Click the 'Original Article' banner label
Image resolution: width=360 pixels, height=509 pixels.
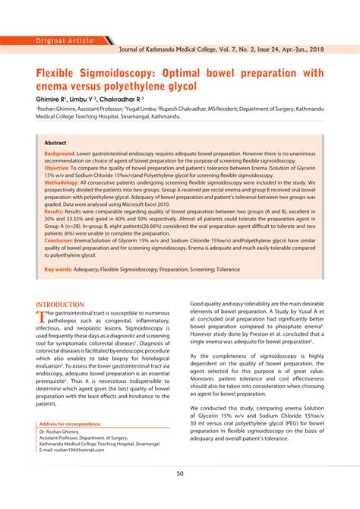pos(65,40)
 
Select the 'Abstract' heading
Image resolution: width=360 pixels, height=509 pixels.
pos(55,142)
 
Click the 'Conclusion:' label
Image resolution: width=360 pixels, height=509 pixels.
pos(58,240)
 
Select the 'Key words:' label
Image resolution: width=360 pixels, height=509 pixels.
pos(58,269)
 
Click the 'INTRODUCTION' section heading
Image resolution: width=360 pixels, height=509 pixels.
pos(60,304)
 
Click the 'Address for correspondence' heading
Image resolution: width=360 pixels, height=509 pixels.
pos(69,423)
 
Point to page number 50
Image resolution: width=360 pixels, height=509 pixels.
pos(180,473)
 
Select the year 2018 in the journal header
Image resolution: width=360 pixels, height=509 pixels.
pos(313,47)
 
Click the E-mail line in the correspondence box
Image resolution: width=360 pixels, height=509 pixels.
pos(73,449)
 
